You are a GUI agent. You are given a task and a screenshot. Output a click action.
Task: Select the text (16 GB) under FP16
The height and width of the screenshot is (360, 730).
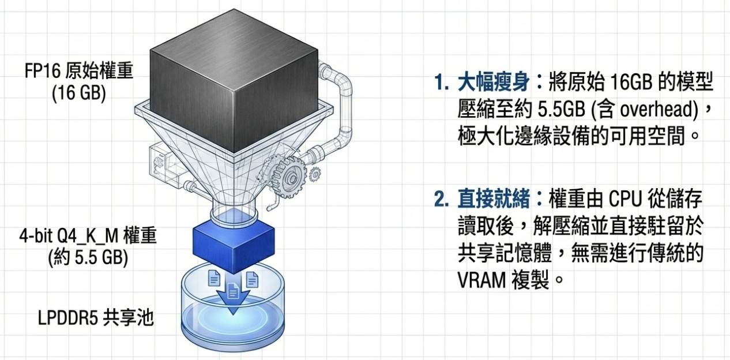pyautogui.click(x=79, y=93)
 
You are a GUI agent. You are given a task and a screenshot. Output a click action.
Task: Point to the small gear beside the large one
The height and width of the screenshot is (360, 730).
pyautogui.click(x=315, y=172)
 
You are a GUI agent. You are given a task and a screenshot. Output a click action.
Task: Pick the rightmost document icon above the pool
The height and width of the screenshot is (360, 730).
pyautogui.click(x=252, y=279)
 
